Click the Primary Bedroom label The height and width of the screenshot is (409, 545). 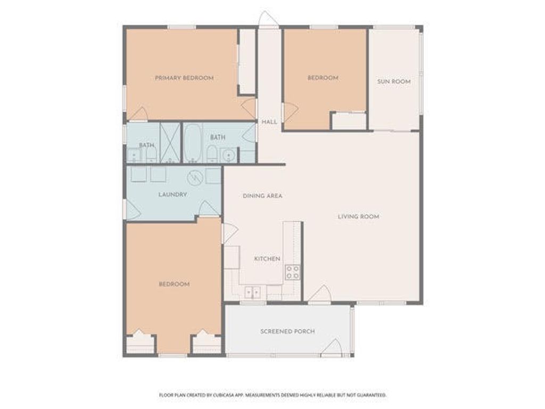pos(184,78)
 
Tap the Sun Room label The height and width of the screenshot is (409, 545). pos(394,81)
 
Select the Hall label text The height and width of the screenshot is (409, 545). pos(269,122)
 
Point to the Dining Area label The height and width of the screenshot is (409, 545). pos(262,196)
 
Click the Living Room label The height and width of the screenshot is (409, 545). pos(358,217)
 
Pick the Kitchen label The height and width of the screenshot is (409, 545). pos(267,259)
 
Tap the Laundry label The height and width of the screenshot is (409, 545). pos(172,194)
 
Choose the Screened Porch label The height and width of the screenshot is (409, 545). pos(287,331)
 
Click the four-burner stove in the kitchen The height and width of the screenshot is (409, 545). pos(292,272)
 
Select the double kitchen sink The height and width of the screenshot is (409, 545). pos(252,292)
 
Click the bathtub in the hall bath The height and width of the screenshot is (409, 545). pos(193,143)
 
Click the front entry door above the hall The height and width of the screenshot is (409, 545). pos(268,19)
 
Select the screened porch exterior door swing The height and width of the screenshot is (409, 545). pos(331,347)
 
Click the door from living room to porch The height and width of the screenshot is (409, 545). pos(320,294)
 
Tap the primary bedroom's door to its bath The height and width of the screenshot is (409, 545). pos(139,114)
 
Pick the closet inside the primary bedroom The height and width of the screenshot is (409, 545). pos(246,61)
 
